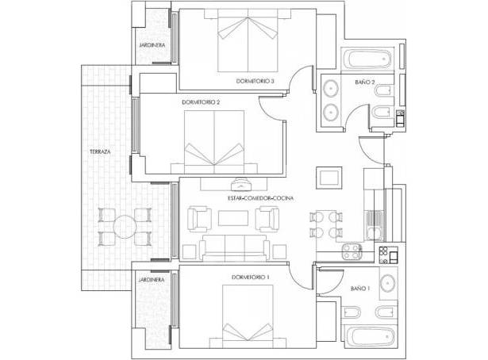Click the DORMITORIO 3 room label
coord(255,81)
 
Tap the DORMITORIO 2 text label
coord(201,102)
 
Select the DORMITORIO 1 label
coord(250,277)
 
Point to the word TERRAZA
coord(100,151)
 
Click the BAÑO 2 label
coord(364,82)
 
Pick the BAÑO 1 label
coord(360,289)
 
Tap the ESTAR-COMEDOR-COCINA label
coord(260,198)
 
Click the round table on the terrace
coord(125,227)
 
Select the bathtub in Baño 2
coord(368,59)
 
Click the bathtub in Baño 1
coord(370,337)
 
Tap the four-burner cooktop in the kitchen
coord(352,251)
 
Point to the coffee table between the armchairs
coord(233,218)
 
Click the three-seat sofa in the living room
coord(234,247)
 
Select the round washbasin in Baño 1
coord(388,283)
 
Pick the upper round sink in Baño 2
coord(331,88)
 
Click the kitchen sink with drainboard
coord(374,226)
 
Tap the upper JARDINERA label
coord(152,45)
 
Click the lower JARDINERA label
coord(152,280)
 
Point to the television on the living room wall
coord(240,184)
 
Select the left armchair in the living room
coord(199,220)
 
